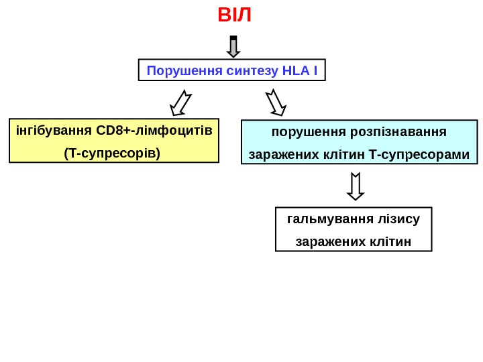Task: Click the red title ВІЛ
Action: tap(235, 15)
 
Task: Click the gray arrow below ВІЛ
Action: tap(233, 47)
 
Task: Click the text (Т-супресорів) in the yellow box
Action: tap(113, 154)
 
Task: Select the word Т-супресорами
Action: tap(419, 155)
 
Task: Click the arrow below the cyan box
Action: tap(356, 186)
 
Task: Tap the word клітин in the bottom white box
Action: tap(391, 241)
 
